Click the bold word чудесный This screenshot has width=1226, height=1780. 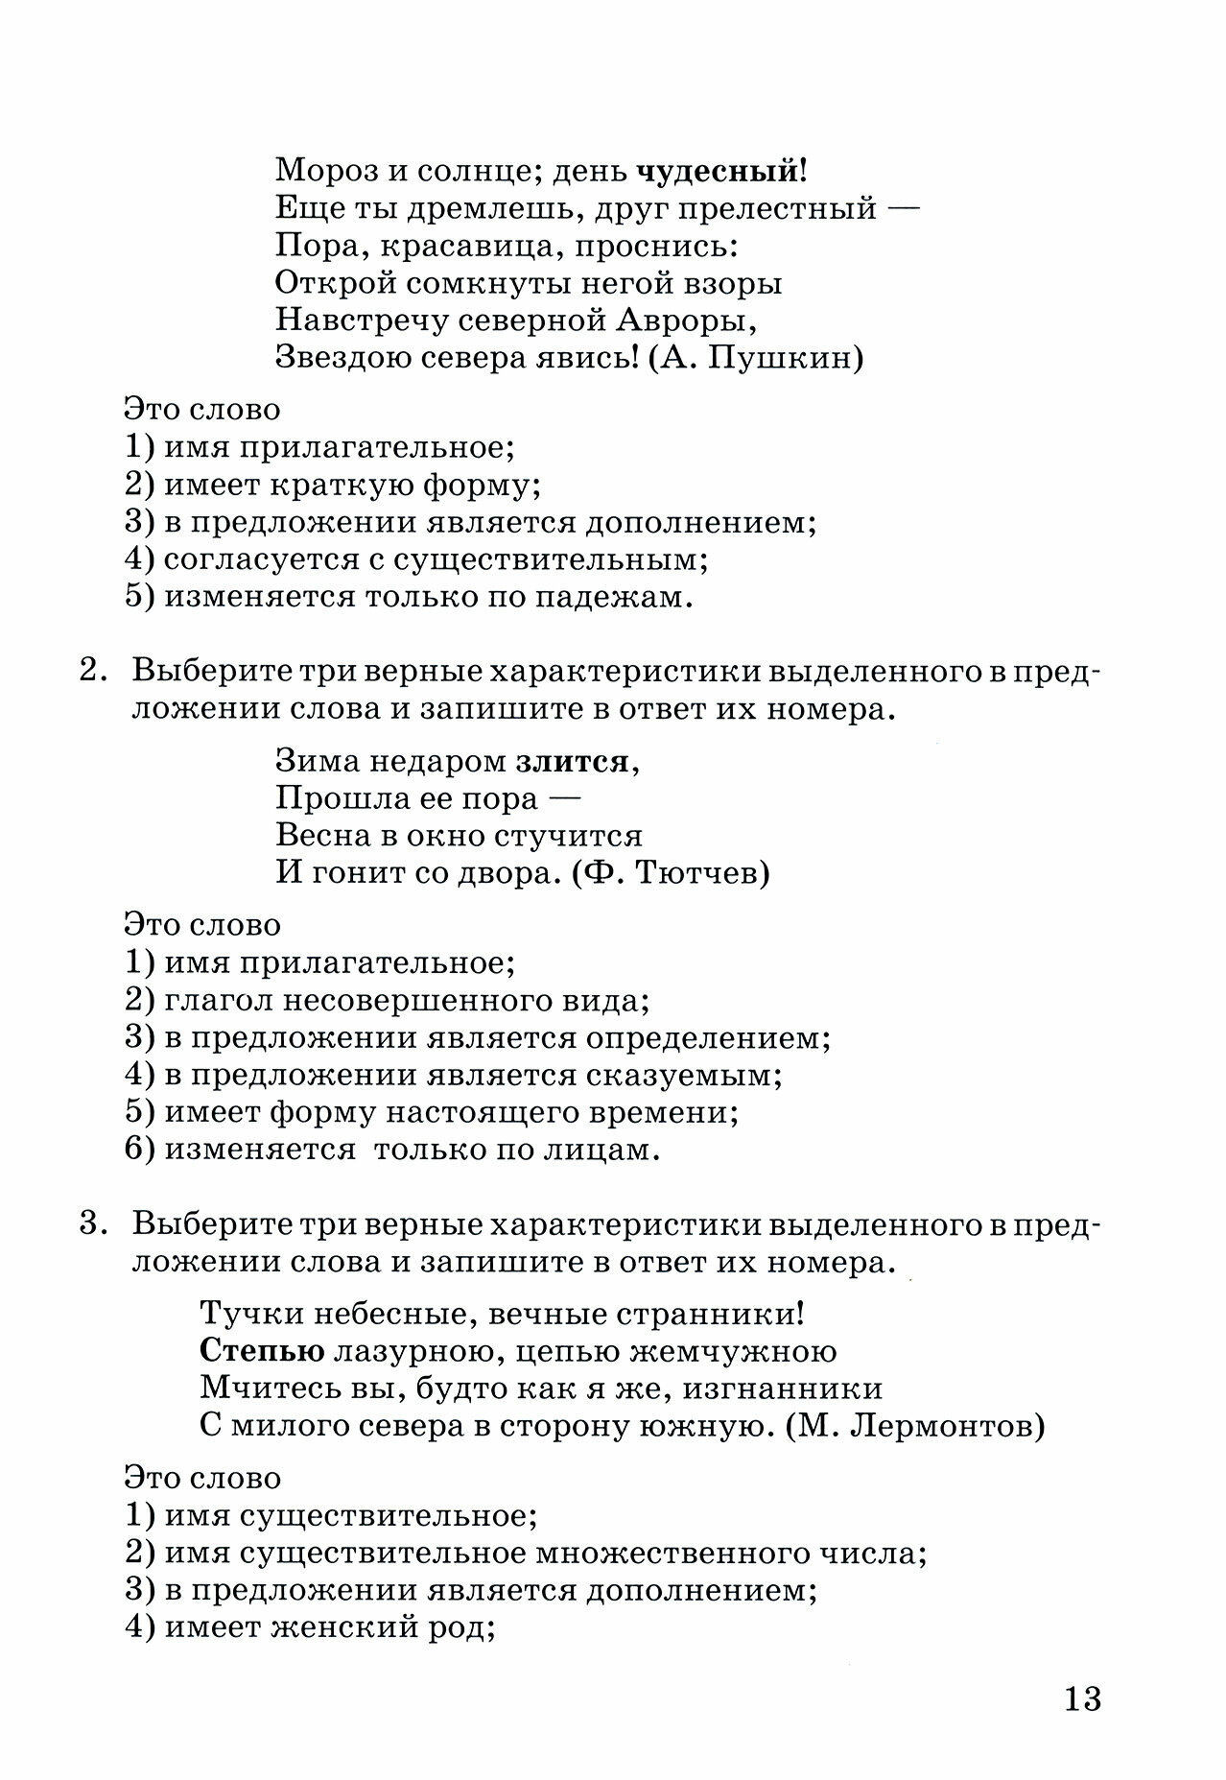(x=717, y=172)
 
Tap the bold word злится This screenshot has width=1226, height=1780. (x=574, y=761)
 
